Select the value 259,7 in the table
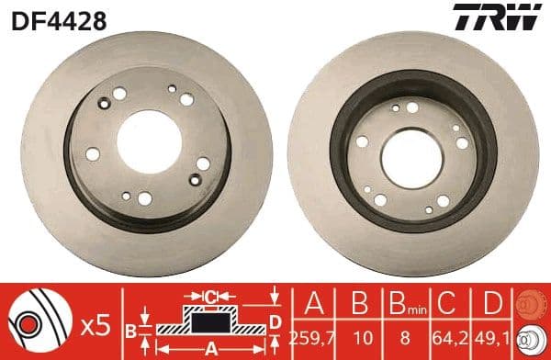(x=312, y=337)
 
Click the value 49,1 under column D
(x=495, y=337)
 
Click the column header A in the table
(x=312, y=304)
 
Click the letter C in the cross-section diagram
(x=210, y=297)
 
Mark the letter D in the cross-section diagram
(x=275, y=321)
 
